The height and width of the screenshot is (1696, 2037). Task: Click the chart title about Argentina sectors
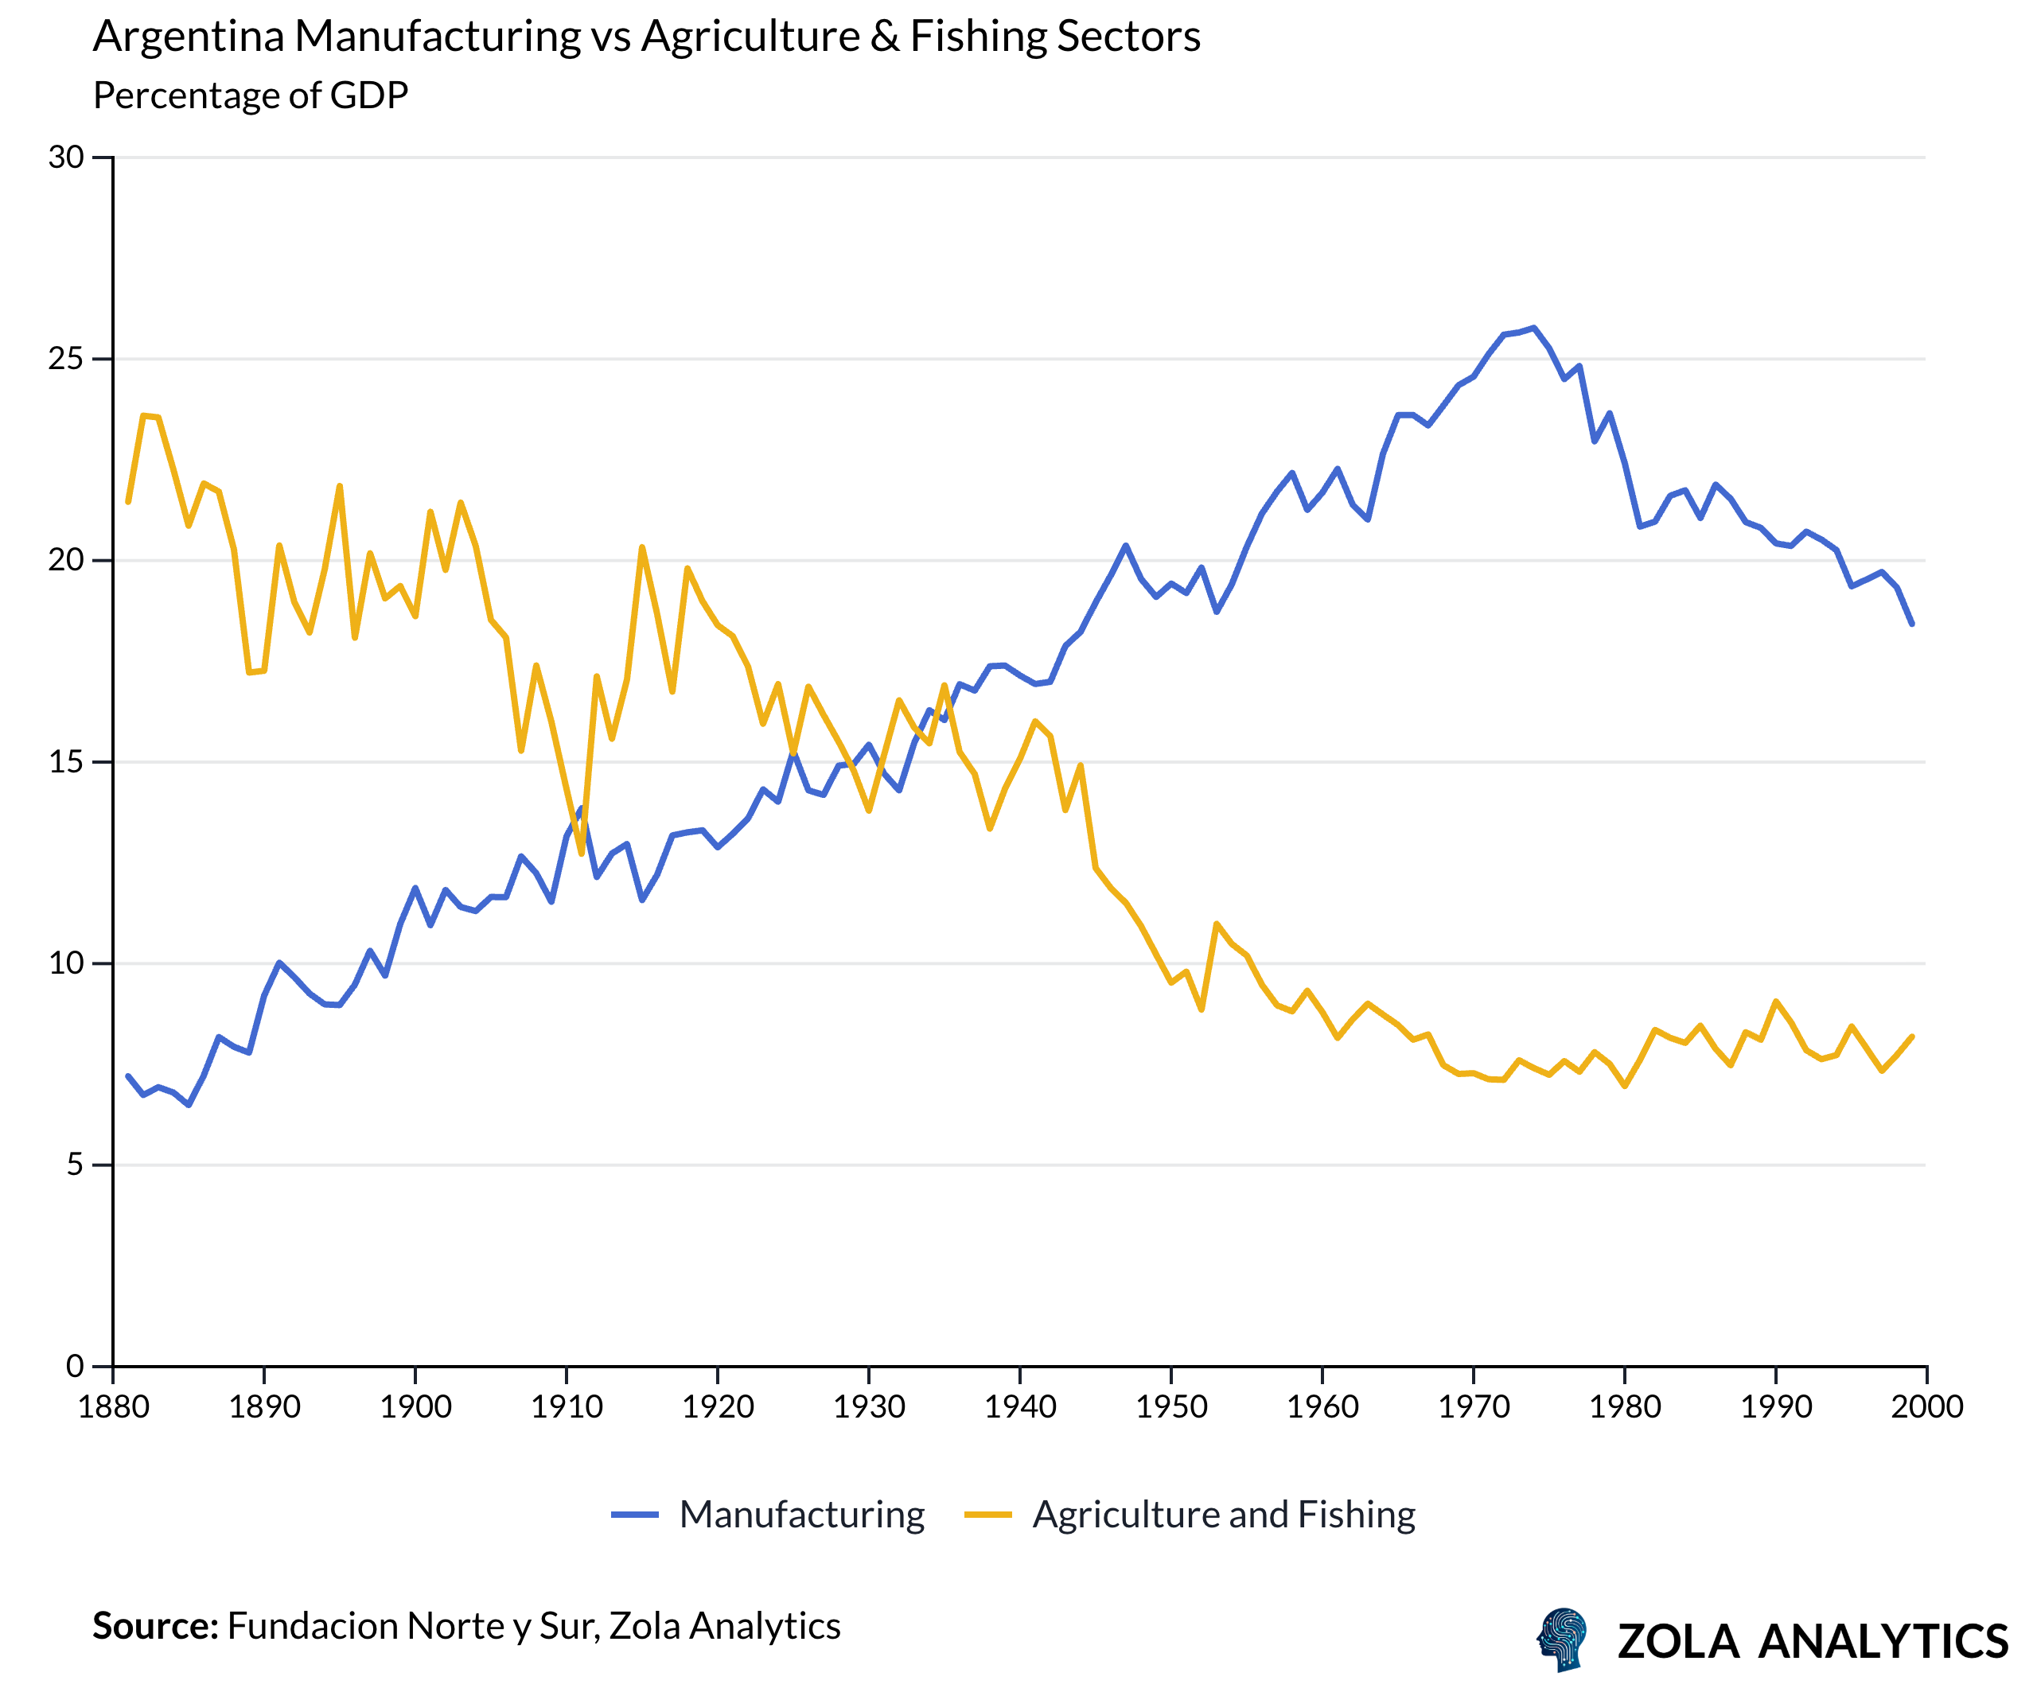[646, 37]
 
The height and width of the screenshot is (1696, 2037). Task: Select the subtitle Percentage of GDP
[251, 95]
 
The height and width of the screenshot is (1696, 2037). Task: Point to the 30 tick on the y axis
[66, 157]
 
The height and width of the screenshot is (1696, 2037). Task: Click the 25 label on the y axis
[66, 359]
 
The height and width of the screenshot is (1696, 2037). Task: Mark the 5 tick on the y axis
[74, 1165]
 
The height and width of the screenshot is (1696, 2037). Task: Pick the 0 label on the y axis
[74, 1367]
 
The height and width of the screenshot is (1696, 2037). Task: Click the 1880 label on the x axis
[114, 1407]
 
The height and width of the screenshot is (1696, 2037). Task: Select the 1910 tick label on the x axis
[567, 1407]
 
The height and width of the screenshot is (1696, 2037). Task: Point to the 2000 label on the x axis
[1926, 1407]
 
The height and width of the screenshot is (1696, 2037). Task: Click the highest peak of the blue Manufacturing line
[1533, 328]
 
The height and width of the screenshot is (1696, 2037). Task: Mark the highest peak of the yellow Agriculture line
[143, 416]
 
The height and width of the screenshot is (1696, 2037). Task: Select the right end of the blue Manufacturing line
[1912, 624]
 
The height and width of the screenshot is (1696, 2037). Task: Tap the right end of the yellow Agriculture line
[1912, 1037]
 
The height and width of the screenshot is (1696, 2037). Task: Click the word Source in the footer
[155, 1626]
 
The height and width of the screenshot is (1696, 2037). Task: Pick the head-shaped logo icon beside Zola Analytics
[1562, 1640]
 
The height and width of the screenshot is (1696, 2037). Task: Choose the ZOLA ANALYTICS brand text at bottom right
[1812, 1642]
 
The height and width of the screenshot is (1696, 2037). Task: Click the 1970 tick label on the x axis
[1474, 1407]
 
